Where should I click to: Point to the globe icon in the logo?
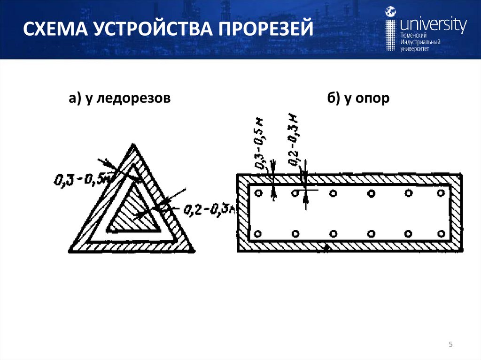point(391,13)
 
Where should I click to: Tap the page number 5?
point(450,345)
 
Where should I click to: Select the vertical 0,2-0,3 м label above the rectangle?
point(295,139)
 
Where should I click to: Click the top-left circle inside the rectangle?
point(257,193)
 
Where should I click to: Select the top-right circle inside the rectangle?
point(441,192)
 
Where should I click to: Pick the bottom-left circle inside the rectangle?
point(257,233)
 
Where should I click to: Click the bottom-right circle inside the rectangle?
point(441,233)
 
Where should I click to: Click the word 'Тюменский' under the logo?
point(413,36)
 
